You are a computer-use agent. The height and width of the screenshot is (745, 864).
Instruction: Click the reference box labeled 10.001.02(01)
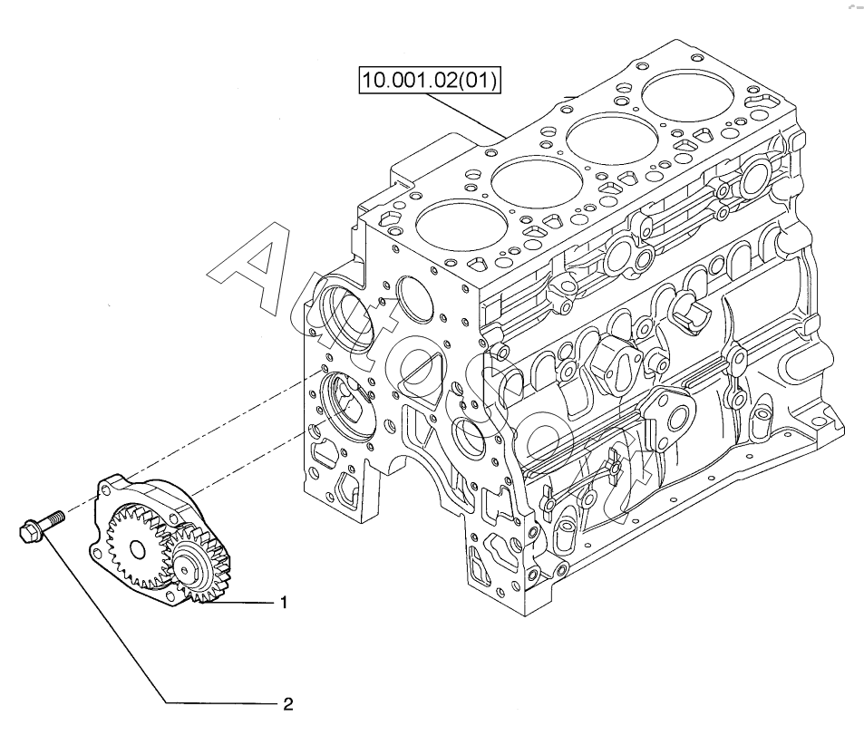(430, 81)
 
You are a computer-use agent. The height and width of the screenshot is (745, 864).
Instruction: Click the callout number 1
(283, 603)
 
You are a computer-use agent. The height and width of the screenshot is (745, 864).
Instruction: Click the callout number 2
(288, 703)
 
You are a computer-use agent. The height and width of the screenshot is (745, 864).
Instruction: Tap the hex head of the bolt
(29, 532)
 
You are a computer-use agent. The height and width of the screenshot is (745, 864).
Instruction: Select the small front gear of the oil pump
(199, 566)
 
